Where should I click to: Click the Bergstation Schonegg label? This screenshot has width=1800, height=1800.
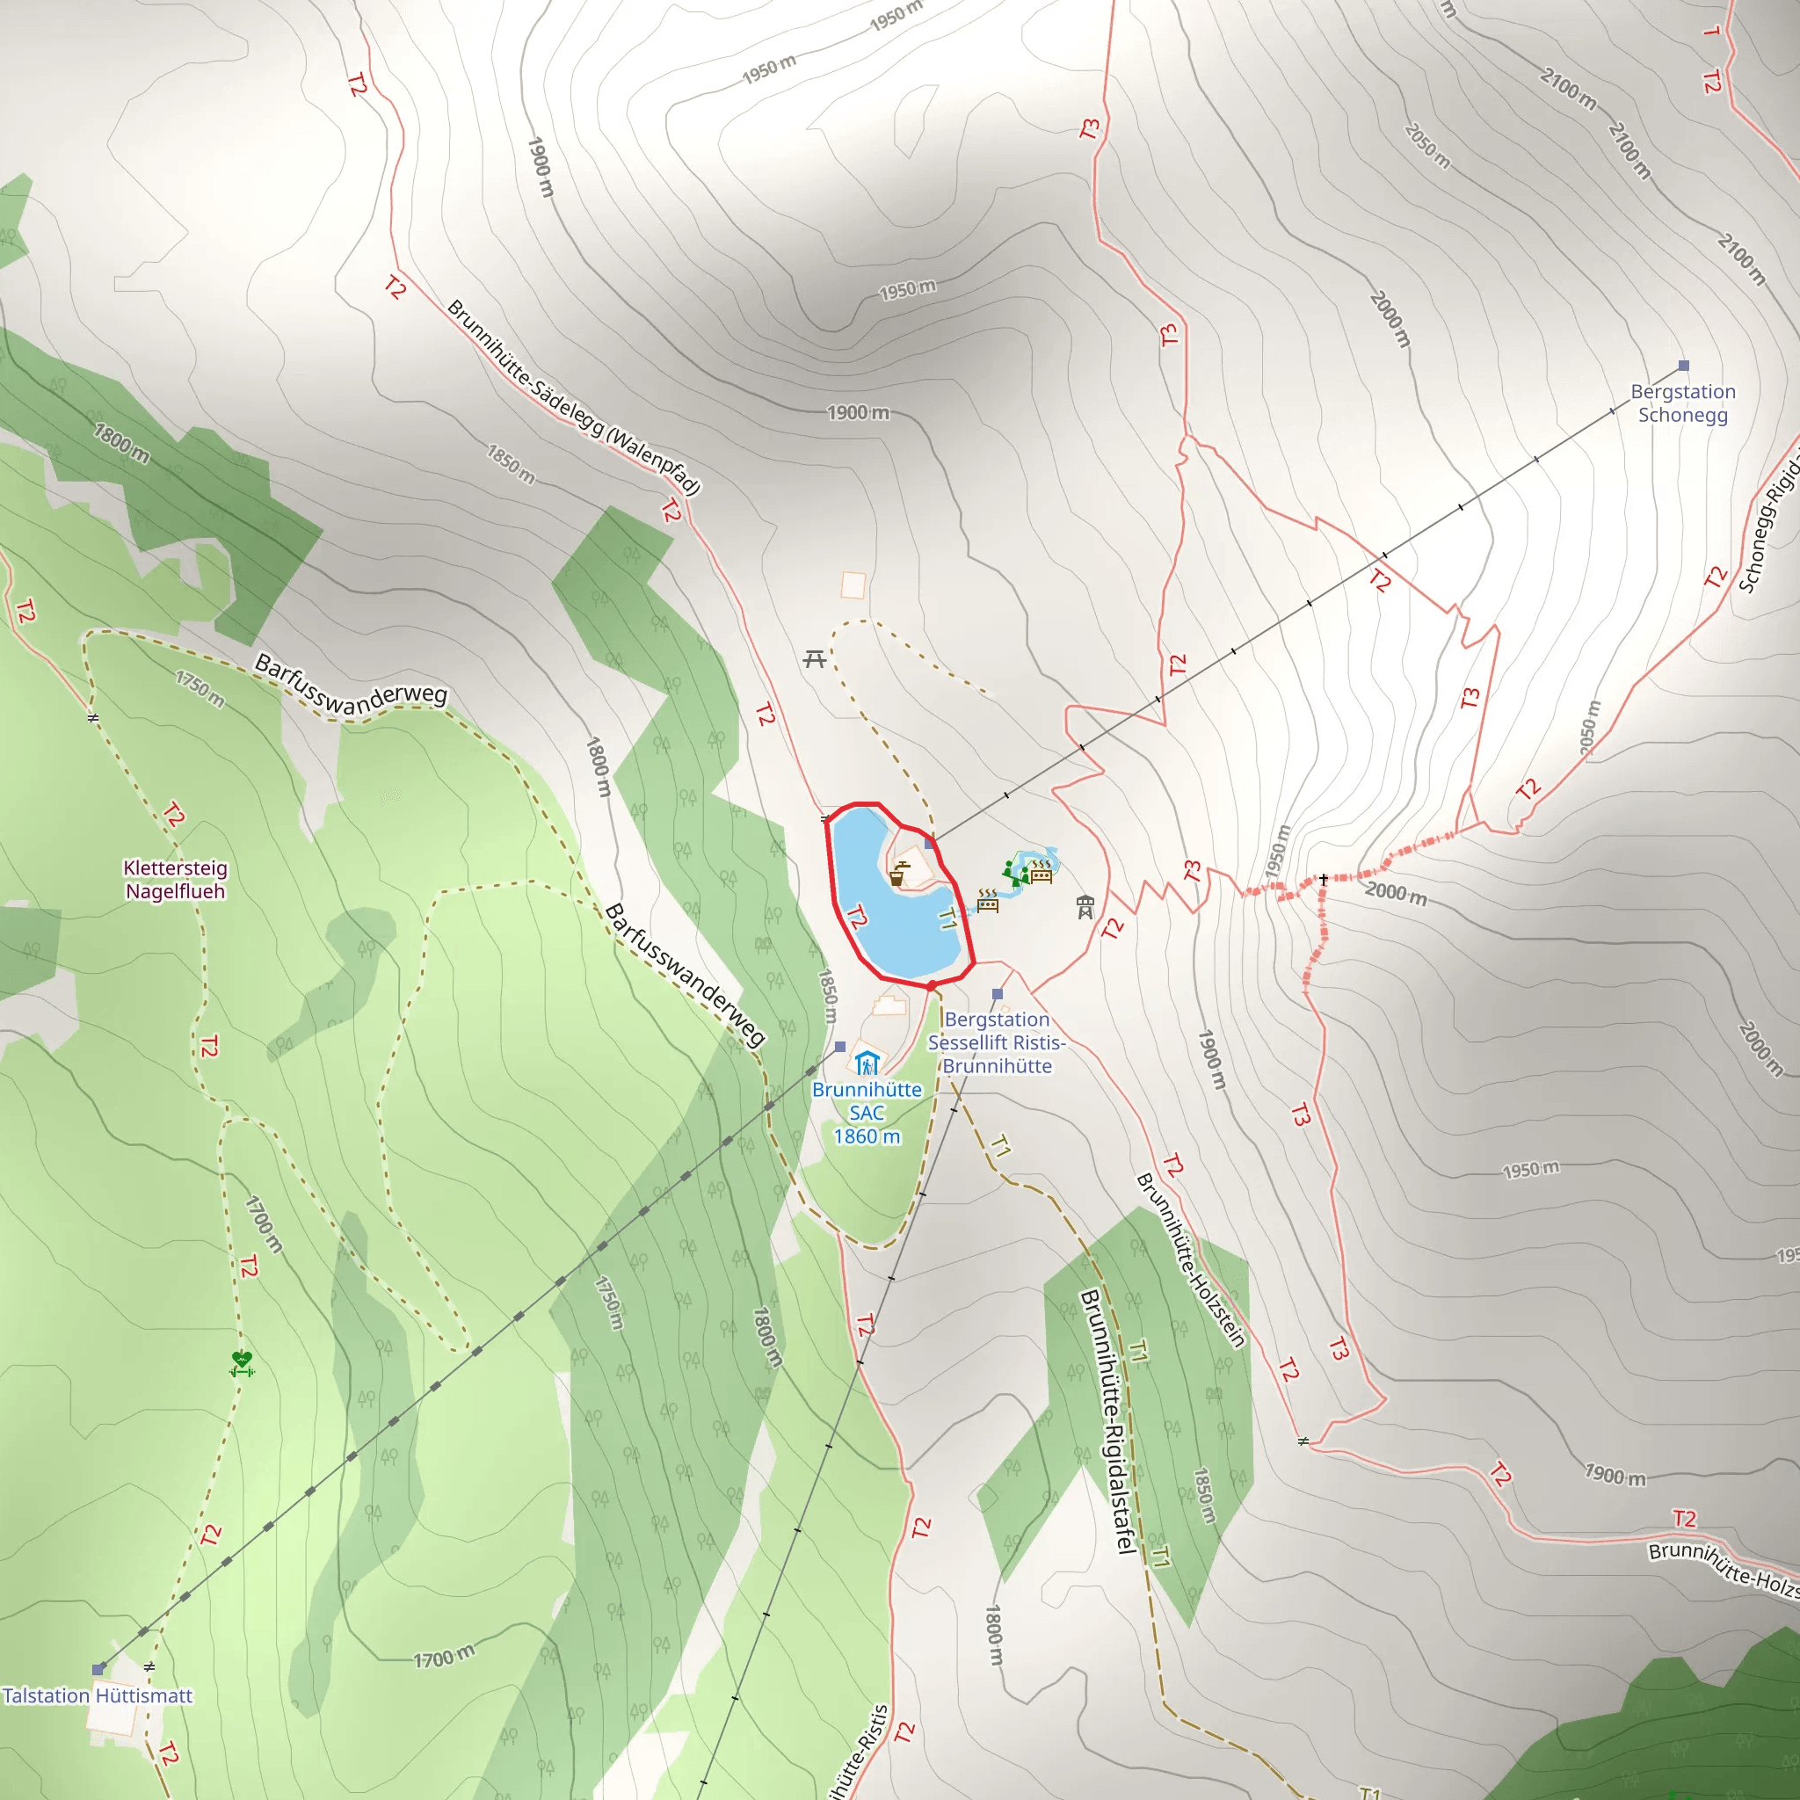click(x=1682, y=403)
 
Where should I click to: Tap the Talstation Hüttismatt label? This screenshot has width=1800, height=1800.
click(x=97, y=1695)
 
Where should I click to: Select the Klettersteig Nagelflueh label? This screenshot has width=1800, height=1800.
click(x=175, y=880)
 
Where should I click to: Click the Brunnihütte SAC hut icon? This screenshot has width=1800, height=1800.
click(x=867, y=1063)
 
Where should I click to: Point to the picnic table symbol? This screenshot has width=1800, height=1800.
click(x=814, y=660)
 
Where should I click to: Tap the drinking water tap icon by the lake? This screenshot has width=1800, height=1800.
click(x=897, y=875)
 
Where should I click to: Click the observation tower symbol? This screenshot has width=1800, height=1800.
click(x=1085, y=906)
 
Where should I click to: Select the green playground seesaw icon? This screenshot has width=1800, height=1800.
click(x=1013, y=873)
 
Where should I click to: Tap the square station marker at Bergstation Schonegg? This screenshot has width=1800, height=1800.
click(x=1683, y=366)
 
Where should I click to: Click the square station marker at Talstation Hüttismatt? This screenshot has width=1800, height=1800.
click(x=98, y=1669)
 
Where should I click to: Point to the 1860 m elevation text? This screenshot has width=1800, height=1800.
click(x=867, y=1136)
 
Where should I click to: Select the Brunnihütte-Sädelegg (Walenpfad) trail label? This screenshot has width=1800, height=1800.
click(x=573, y=397)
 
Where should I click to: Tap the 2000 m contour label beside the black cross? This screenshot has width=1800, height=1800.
click(x=1396, y=894)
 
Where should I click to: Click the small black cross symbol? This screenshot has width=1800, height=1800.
click(x=1323, y=880)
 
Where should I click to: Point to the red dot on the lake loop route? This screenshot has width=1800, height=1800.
click(x=931, y=984)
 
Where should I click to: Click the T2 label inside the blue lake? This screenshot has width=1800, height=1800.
click(x=857, y=918)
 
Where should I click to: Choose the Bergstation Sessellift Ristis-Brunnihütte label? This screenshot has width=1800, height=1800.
click(x=997, y=1042)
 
